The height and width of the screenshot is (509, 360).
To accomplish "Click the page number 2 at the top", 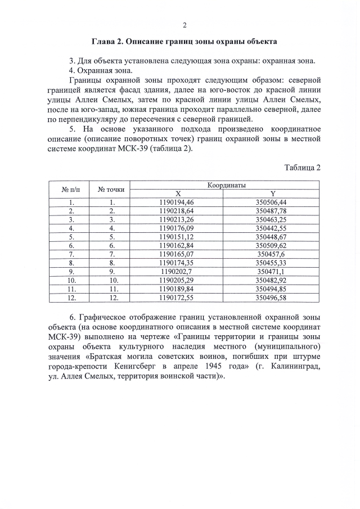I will (x=184, y=25).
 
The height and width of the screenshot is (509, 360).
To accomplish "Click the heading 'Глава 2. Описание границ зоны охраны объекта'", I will (x=184, y=42).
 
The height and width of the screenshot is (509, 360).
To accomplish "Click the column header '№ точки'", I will (x=111, y=189).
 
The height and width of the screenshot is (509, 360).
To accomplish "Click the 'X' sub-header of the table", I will (x=177, y=193).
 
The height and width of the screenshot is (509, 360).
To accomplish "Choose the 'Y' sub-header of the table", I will (x=272, y=193).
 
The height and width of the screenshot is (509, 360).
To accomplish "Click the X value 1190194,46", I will (x=177, y=202).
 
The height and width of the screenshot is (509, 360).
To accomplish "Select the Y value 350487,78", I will (x=271, y=210).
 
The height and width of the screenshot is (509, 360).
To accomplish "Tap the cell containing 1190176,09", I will (x=177, y=228).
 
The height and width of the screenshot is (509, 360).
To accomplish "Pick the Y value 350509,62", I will (x=271, y=245).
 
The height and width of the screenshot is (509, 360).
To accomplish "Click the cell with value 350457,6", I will (x=271, y=254).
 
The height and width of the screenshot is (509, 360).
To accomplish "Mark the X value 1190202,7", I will (x=177, y=271).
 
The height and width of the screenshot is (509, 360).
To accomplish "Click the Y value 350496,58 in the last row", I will (x=271, y=297).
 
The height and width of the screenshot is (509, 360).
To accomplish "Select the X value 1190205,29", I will (x=177, y=280).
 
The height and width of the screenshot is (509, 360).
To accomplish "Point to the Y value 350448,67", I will (x=271, y=237).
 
